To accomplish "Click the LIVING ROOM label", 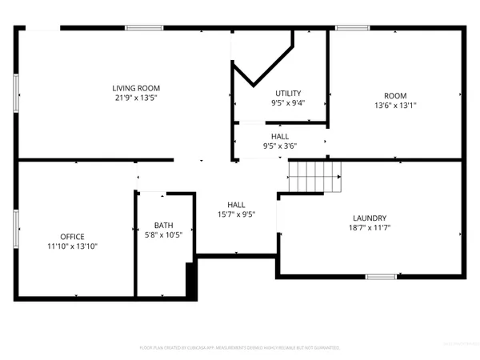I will (x=135, y=88).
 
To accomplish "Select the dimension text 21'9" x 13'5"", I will (x=135, y=98).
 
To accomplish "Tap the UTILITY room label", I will (x=287, y=94).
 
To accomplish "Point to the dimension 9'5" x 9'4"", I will (x=287, y=103).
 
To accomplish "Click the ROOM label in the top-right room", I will (x=395, y=95).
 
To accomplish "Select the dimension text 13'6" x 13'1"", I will (x=395, y=105).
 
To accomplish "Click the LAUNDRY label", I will (x=370, y=218).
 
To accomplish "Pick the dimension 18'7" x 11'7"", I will (x=370, y=227).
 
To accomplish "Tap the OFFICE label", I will (x=72, y=237).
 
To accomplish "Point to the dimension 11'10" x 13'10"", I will (x=72, y=246).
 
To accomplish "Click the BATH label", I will (x=164, y=226).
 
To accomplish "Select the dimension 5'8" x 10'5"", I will (x=164, y=235).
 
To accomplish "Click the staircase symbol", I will (x=314, y=176).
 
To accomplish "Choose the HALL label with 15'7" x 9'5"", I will (x=236, y=209).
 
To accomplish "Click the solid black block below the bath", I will (x=190, y=282).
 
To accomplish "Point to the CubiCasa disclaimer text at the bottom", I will (x=240, y=348).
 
